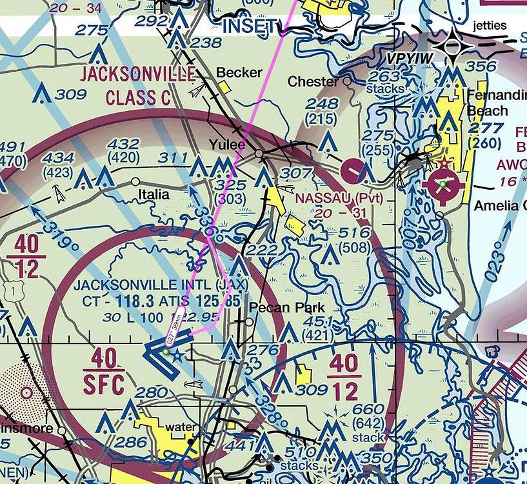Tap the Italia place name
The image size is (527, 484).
(154, 194)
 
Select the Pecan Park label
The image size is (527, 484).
(287, 307)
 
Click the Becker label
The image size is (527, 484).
(239, 72)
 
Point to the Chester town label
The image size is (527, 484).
(313, 82)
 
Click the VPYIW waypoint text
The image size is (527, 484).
(410, 59)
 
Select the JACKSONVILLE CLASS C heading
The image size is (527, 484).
(137, 85)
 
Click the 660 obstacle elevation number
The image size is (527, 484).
(368, 409)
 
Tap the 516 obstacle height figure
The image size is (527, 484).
(354, 233)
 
